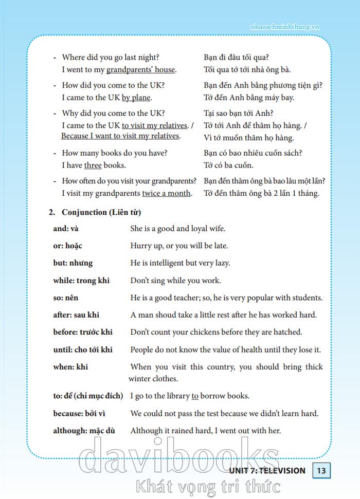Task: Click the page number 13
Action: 321,470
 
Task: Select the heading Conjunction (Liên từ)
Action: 101,212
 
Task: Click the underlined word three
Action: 93,165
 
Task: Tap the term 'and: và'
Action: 66,229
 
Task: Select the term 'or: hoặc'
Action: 68,246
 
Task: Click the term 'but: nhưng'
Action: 73,263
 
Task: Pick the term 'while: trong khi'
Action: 81,281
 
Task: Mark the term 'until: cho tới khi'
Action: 83,350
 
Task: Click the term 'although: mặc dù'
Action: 84,431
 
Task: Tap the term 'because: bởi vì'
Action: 81,413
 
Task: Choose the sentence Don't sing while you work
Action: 175,281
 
